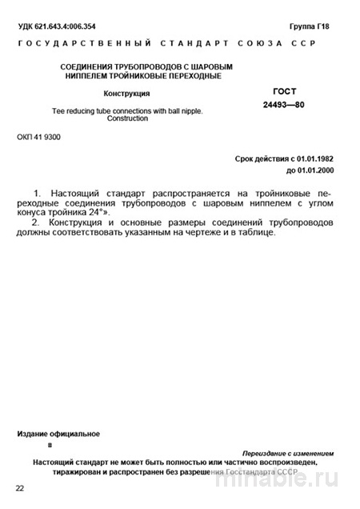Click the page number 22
tap(20, 488)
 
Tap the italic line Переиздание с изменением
tap(289, 453)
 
